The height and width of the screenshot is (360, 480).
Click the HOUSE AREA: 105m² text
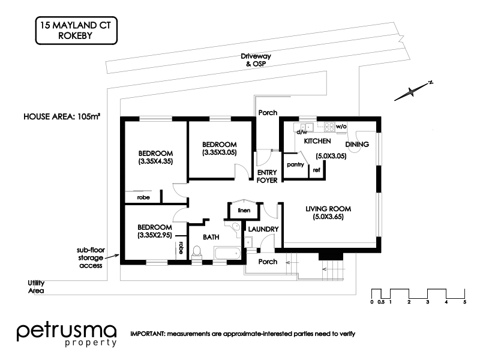[62, 117]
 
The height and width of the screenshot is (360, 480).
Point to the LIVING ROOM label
[328, 212]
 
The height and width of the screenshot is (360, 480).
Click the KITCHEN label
[317, 141]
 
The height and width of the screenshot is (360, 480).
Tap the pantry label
[294, 164]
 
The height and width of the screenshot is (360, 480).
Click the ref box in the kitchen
[316, 170]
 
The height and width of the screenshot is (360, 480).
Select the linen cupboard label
[243, 210]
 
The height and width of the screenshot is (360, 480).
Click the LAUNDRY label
[262, 229]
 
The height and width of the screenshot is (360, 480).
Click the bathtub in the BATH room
[227, 254]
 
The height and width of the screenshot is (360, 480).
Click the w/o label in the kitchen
[341, 127]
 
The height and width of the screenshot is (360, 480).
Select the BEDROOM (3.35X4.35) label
[155, 157]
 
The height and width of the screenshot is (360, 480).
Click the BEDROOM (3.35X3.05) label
[219, 149]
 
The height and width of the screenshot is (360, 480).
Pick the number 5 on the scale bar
[464, 302]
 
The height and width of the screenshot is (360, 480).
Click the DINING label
[358, 144]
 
